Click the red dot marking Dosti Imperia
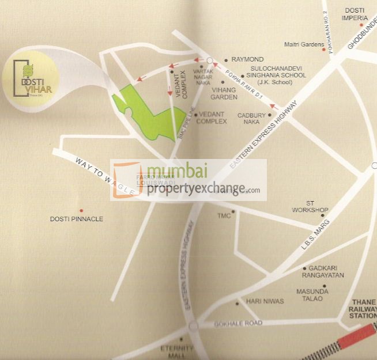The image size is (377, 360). (361, 25)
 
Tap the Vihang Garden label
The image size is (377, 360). (224, 93)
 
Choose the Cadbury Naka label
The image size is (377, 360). (252, 119)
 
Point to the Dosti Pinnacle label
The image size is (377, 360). (77, 219)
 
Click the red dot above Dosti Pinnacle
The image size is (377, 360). (81, 210)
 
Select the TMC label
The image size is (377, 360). (223, 216)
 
